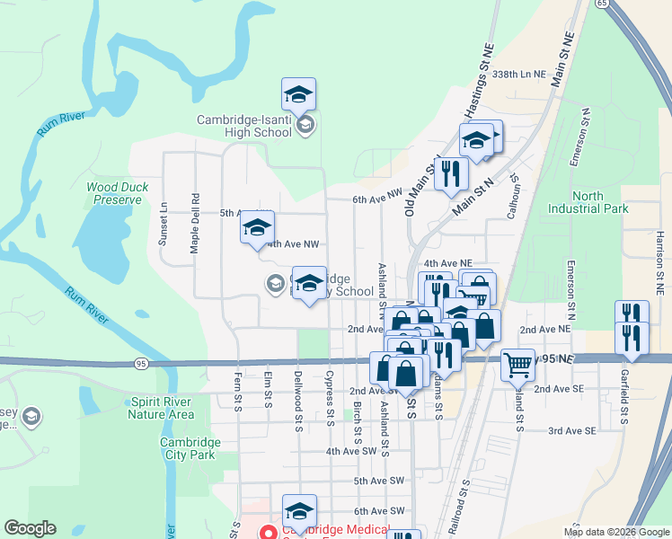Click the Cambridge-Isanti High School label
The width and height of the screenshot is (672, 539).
click(x=245, y=126)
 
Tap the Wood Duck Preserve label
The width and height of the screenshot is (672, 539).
click(x=117, y=194)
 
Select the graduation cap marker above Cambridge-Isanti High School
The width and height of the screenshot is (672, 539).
click(x=299, y=94)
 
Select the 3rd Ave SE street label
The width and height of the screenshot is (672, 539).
click(x=572, y=431)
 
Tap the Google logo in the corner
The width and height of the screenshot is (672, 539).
click(x=30, y=528)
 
